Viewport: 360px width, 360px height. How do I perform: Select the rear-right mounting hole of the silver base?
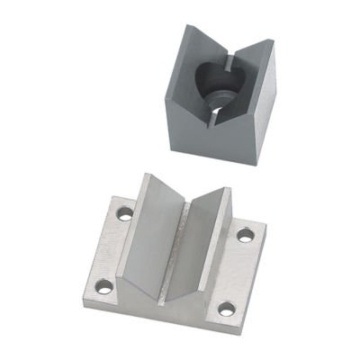(x=244, y=236)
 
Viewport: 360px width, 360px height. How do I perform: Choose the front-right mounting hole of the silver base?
(x=226, y=310)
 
